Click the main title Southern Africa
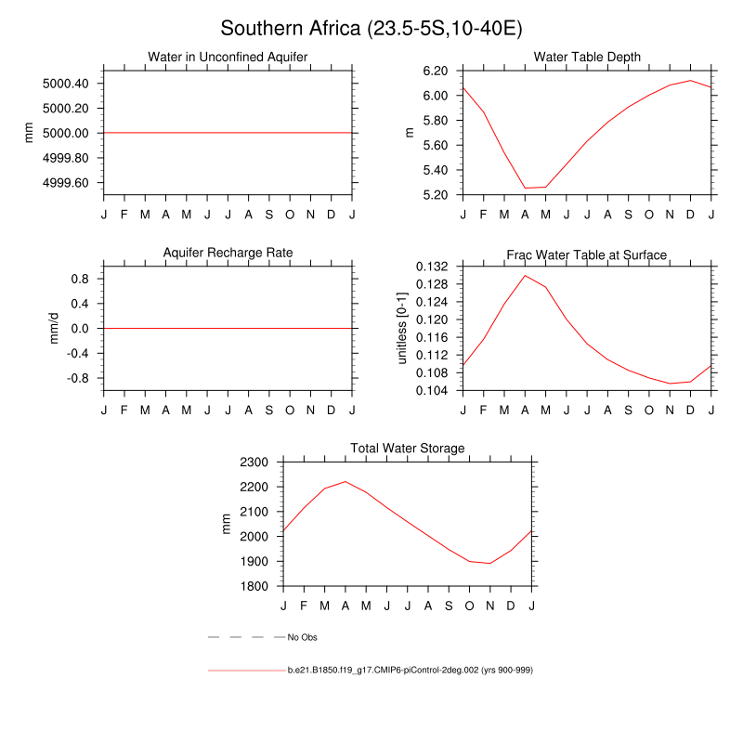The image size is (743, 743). [371, 29]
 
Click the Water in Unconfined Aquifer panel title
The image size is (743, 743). [228, 58]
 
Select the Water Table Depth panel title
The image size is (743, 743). [587, 58]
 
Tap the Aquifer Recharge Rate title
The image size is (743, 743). [228, 254]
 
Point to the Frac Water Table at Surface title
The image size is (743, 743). [587, 254]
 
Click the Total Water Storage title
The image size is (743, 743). [407, 449]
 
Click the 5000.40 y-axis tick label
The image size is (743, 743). [66, 84]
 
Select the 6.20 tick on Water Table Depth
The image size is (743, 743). [437, 71]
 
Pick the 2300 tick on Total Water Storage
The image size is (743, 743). [254, 462]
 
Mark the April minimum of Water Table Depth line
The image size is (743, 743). [525, 188]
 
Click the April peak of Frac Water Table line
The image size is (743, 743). [525, 275]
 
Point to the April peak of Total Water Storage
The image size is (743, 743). [345, 481]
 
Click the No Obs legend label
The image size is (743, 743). [303, 637]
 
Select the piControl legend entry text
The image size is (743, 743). [409, 670]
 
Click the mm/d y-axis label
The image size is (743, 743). [54, 328]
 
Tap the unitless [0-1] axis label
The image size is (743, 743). [403, 328]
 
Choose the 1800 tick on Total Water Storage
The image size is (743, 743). [254, 586]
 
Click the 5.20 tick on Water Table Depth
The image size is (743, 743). [437, 195]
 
